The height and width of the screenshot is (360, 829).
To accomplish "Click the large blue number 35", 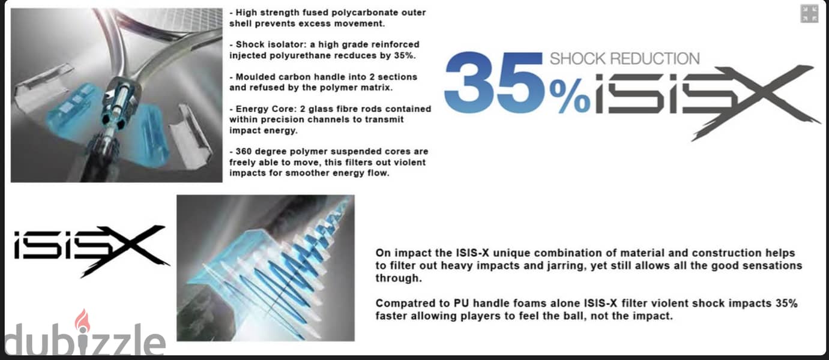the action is (x=494, y=82).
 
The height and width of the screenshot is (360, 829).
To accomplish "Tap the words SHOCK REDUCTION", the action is (x=625, y=59).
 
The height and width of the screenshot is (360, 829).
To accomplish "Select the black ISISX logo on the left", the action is (x=90, y=250).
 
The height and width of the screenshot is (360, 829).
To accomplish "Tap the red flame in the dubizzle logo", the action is (x=82, y=320).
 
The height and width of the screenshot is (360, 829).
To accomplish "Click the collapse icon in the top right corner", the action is (x=809, y=14).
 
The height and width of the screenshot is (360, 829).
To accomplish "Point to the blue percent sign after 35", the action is (x=570, y=97).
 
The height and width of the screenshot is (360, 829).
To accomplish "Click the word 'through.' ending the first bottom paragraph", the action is (x=399, y=278).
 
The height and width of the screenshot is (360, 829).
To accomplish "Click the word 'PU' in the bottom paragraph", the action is (x=462, y=304).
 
